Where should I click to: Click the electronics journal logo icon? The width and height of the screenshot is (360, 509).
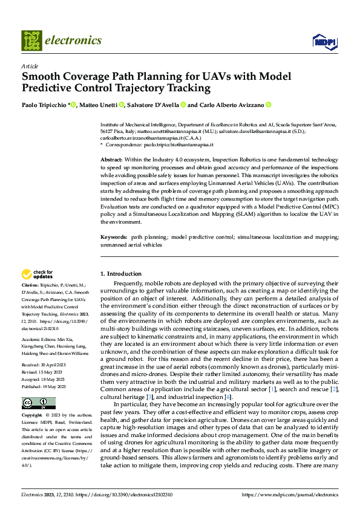pos(31,40)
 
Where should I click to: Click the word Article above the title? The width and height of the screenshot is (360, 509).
pos(30,65)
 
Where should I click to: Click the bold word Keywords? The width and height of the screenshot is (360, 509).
pos(114,238)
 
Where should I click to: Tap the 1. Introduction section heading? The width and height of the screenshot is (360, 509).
pos(120,273)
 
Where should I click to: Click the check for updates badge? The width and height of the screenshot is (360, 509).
pos(38,274)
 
